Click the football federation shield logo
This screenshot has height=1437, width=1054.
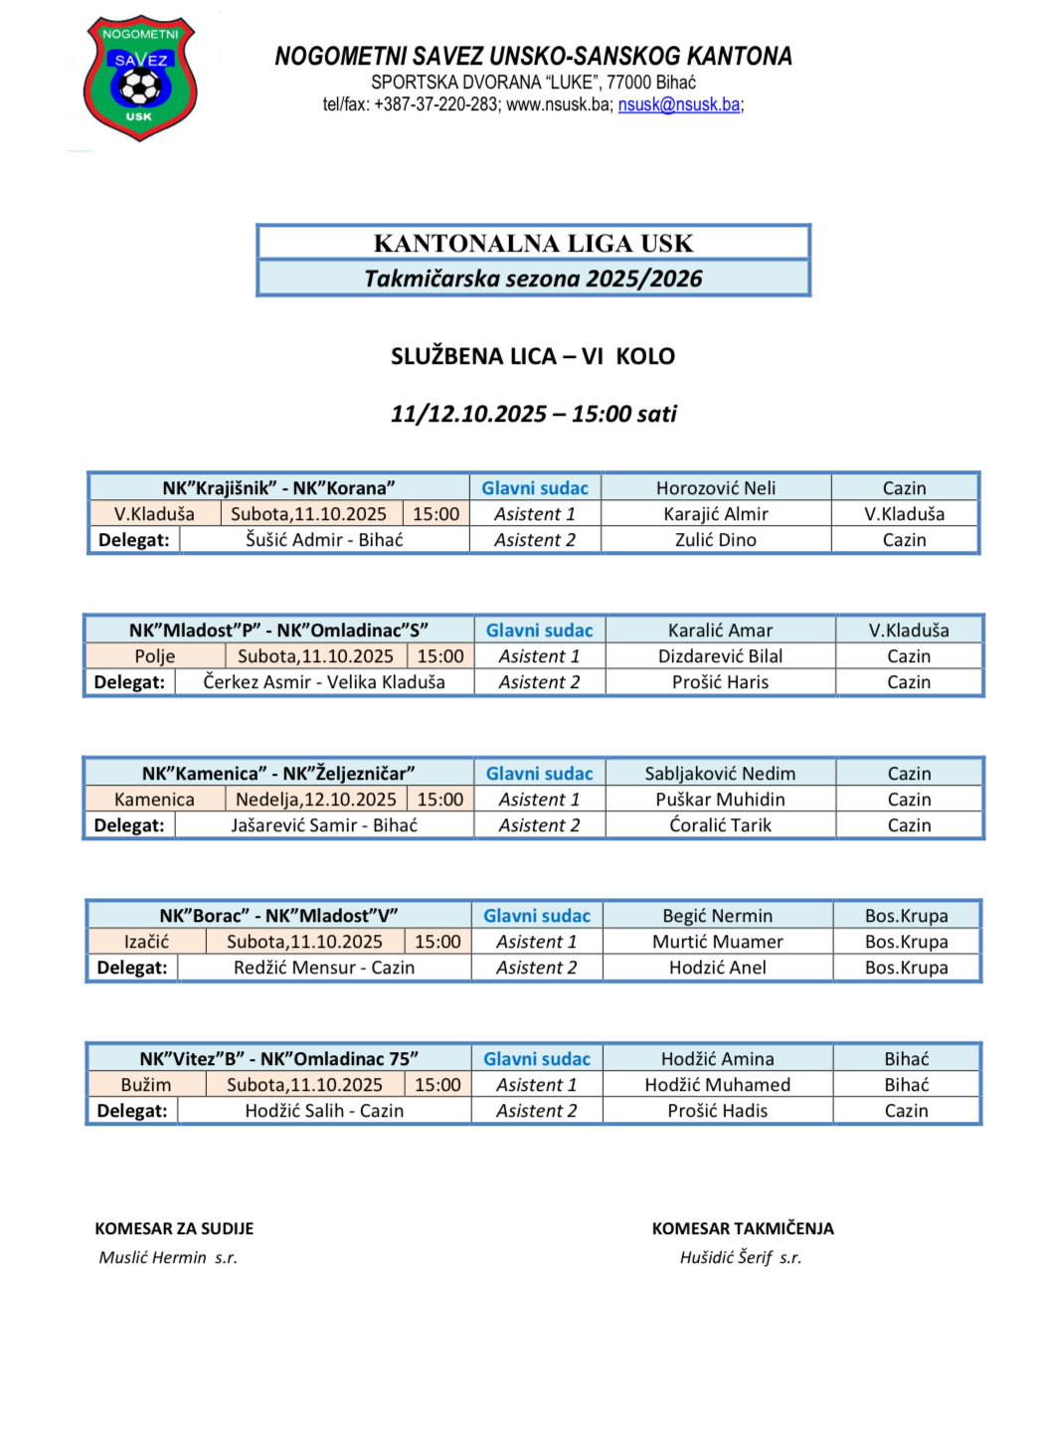[x=140, y=78]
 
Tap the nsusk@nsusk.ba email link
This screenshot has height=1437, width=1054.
[x=679, y=104]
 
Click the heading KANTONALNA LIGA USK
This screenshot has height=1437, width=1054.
[x=533, y=244]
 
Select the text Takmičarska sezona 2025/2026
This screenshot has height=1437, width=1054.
[x=533, y=278]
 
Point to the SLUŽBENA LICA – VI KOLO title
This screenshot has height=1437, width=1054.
[x=533, y=356]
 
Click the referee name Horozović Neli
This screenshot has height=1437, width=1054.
[x=716, y=488]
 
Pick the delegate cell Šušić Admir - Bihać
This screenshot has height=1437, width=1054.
[x=324, y=540]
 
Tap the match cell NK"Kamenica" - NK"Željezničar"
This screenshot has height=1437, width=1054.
[x=278, y=774]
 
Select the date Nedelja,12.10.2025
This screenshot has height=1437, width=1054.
[x=316, y=800]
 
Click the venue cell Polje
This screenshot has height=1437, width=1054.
[x=155, y=656]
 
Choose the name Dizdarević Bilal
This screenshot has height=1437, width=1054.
[x=720, y=656]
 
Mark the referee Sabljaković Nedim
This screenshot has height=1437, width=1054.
[x=720, y=774]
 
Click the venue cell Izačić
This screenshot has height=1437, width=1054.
[x=146, y=942]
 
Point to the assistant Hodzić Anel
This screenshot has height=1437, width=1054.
[x=718, y=968]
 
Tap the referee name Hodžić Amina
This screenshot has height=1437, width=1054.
[x=718, y=1059]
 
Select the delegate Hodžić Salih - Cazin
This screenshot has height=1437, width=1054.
[x=324, y=1111]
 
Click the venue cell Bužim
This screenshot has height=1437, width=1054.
[x=146, y=1085]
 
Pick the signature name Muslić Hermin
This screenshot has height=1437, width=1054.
[x=152, y=1258]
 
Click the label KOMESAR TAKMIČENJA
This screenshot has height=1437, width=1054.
[x=743, y=1229]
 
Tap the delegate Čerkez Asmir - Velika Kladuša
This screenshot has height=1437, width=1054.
[x=324, y=682]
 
